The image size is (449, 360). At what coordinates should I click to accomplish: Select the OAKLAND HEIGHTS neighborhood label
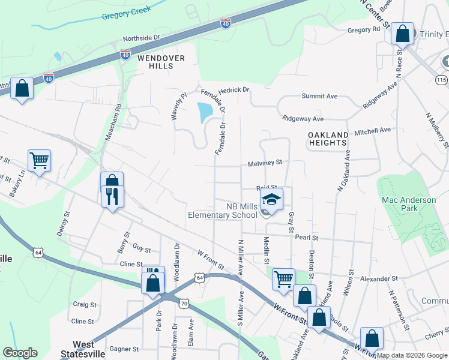[328, 139]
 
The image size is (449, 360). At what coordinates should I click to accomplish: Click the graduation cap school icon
[271, 199]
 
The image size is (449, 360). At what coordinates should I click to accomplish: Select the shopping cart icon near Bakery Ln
[39, 160]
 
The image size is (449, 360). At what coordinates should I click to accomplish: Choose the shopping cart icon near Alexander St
[283, 278]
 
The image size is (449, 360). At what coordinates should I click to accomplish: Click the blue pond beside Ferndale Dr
[205, 112]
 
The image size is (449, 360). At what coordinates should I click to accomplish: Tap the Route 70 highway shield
[184, 304]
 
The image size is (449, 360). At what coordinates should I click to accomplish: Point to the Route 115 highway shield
[442, 80]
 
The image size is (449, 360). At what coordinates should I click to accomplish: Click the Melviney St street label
[265, 163]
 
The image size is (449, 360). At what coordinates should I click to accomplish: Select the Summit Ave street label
[319, 96]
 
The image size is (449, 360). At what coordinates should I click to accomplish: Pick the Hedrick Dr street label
[234, 90]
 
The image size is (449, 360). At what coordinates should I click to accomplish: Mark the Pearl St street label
[306, 238]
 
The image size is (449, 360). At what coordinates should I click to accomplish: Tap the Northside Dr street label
[142, 38]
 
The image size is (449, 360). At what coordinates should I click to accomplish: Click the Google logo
[20, 353]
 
